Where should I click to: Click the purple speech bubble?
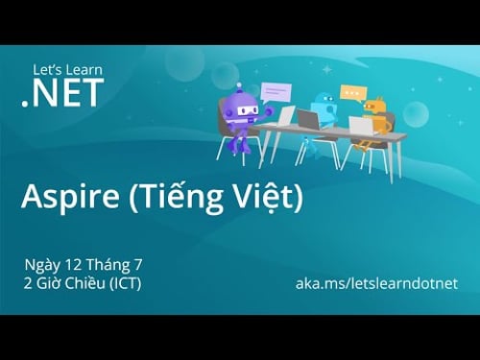[276, 92]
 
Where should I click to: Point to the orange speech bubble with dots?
[352, 94]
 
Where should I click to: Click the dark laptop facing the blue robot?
[308, 120]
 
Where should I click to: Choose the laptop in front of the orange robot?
[361, 126]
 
